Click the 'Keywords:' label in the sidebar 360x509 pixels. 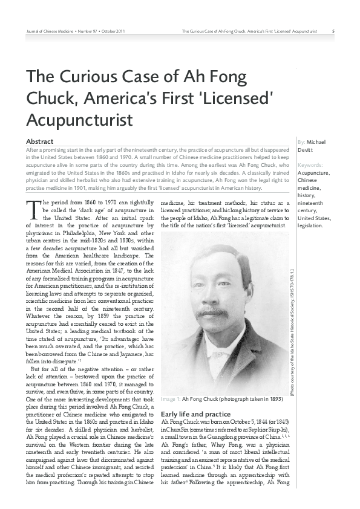[x=310, y=164]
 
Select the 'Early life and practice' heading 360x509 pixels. [x=196, y=414]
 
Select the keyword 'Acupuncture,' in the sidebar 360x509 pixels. [x=314, y=172]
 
